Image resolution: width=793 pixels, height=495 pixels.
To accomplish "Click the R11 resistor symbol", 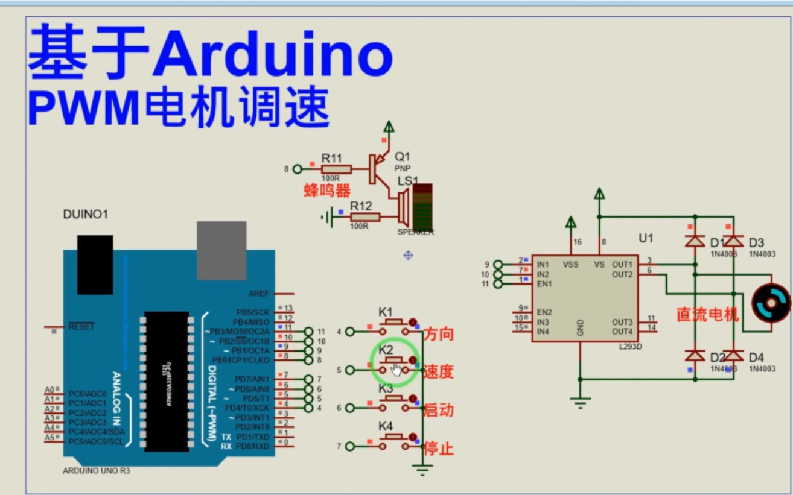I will (x=336, y=169).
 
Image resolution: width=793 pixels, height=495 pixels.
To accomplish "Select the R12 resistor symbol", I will (x=365, y=217).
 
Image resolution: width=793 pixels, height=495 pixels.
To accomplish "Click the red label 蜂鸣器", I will (x=327, y=192).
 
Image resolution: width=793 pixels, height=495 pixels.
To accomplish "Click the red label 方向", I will (x=439, y=334).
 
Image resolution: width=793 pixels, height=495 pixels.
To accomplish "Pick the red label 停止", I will (x=439, y=449).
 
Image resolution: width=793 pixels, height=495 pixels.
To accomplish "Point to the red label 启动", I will (x=439, y=411).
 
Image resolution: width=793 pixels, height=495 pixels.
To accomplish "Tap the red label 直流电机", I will (x=707, y=315).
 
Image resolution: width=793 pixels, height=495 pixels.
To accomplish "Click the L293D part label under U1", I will (x=630, y=348).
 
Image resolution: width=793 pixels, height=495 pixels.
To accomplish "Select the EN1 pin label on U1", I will (x=544, y=284).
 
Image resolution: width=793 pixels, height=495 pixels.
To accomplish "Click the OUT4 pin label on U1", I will (x=622, y=332).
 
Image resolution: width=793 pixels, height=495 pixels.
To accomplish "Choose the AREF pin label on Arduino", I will (x=258, y=294).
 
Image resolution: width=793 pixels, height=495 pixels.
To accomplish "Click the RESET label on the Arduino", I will (x=81, y=327).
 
